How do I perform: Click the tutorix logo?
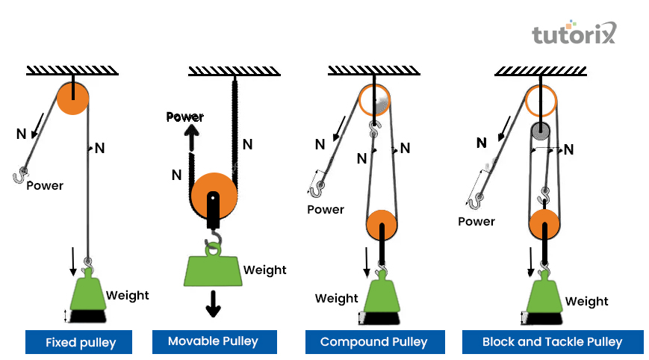[x=573, y=34]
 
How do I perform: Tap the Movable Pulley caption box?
[x=213, y=341]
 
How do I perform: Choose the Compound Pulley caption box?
[x=373, y=342]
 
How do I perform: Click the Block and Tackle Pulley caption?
[x=552, y=342]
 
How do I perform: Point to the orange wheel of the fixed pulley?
[x=72, y=97]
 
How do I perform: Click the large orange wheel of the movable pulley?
[x=214, y=196]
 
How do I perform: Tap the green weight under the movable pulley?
[x=213, y=269]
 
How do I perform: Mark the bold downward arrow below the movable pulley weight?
[x=214, y=302]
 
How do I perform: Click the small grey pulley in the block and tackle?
[x=541, y=131]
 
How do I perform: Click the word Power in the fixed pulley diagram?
[x=45, y=185]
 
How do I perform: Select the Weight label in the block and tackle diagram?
[x=586, y=301]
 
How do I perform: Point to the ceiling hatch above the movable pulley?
[x=234, y=71]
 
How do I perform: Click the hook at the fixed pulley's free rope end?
[x=19, y=176]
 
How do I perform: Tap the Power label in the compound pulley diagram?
[x=326, y=209]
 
